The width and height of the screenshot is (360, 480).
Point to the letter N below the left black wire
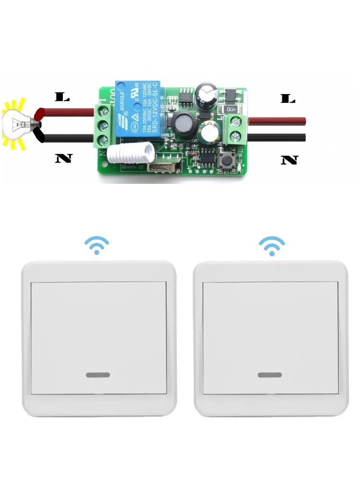[63, 158]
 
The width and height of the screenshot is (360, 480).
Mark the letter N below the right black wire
[289, 159]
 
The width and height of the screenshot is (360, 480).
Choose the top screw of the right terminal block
[236, 121]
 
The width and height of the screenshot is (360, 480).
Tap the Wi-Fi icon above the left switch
[97, 245]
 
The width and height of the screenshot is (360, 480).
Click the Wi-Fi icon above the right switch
[272, 245]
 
